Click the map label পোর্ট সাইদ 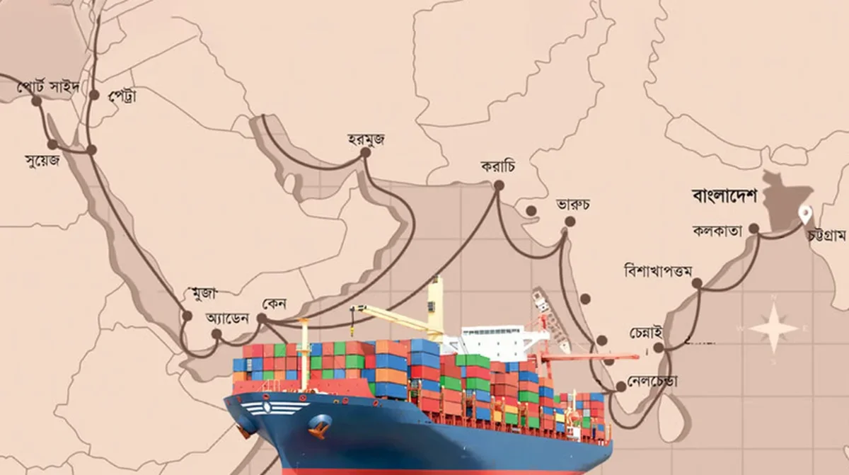(50, 88)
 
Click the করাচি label (497, 167)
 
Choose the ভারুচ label (573, 205)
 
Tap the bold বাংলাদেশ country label (724, 195)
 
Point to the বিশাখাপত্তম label (658, 270)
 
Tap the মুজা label (204, 292)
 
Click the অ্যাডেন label (227, 318)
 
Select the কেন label (273, 303)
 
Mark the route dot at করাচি (498, 185)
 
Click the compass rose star (773, 328)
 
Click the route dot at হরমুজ (365, 152)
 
